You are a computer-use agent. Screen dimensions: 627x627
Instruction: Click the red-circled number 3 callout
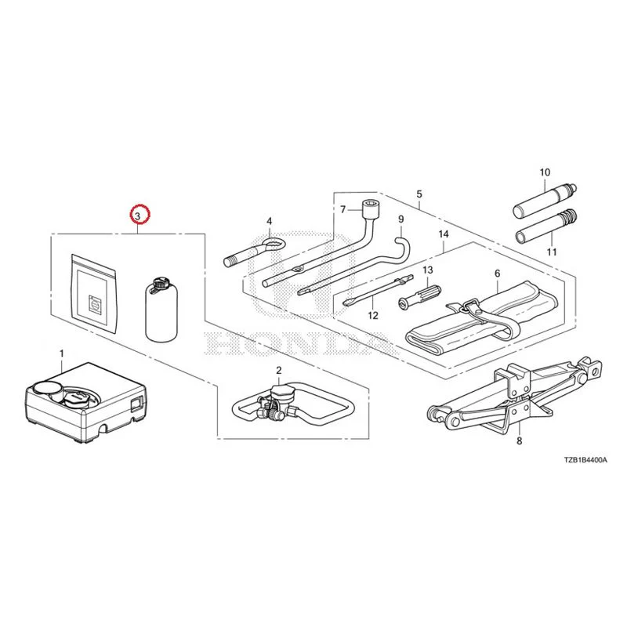click(x=137, y=216)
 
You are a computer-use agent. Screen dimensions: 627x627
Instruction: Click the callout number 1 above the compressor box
click(x=62, y=354)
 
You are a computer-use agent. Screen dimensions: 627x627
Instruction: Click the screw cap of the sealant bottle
click(x=161, y=284)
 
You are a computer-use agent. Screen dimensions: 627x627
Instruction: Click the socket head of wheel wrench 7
click(x=371, y=208)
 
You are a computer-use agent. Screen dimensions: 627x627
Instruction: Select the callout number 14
click(x=444, y=234)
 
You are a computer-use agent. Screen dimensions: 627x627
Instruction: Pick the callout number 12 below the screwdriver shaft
click(x=373, y=316)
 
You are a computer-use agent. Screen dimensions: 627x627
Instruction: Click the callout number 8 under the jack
click(x=520, y=441)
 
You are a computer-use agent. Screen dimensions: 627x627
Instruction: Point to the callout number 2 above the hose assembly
click(x=279, y=370)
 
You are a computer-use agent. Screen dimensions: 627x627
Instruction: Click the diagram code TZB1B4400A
click(x=585, y=460)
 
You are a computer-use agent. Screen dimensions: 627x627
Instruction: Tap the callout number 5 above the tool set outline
click(x=419, y=194)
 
